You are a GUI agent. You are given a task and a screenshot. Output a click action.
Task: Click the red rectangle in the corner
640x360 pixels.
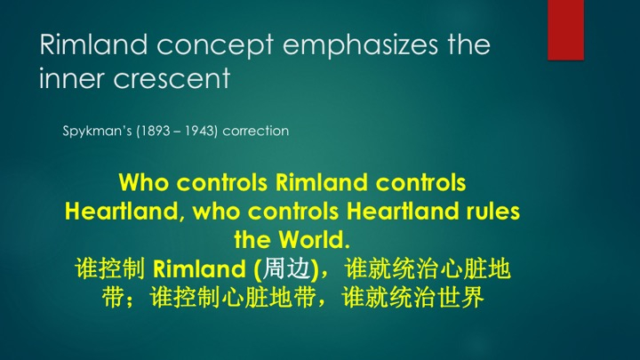coord(565,30)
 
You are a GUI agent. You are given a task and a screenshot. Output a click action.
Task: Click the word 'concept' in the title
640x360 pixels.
coord(215,45)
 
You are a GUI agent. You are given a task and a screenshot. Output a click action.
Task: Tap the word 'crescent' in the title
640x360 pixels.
coord(172,78)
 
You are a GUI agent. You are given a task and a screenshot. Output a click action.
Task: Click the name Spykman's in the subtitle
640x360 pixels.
coord(97,131)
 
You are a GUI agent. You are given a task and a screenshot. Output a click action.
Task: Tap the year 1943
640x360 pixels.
coord(200,131)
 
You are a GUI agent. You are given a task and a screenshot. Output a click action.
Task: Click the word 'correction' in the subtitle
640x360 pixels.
coord(256,131)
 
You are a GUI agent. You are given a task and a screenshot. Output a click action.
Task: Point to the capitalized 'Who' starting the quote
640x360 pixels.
coord(144,182)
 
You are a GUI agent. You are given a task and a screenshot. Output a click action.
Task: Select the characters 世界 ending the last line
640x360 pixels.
coord(460,297)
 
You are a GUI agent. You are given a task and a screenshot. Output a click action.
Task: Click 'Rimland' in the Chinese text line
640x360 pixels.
coord(200,269)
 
